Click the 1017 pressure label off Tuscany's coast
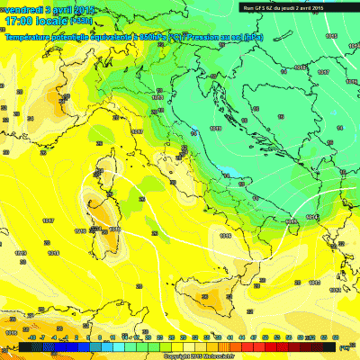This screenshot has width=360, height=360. (x=138, y=131)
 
